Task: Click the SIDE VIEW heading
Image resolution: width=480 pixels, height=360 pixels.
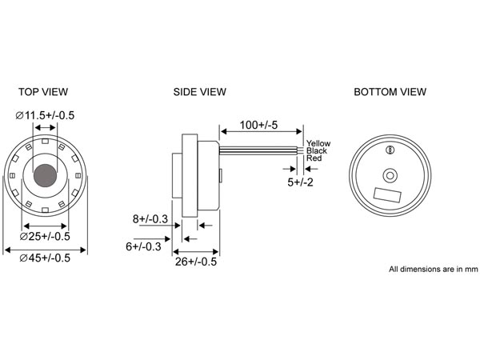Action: (x=199, y=91)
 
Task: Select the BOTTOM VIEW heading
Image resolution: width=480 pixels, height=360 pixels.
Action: (x=391, y=91)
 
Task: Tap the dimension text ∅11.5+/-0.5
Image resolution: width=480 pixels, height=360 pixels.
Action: (x=46, y=116)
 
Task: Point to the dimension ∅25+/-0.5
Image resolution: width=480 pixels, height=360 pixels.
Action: (x=46, y=236)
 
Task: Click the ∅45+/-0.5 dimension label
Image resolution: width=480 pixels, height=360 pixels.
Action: (x=46, y=257)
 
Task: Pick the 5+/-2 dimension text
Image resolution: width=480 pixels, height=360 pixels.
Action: (x=300, y=182)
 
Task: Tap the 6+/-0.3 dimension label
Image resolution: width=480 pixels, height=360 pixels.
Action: (x=143, y=246)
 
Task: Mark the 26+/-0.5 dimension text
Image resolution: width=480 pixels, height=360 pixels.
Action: (x=197, y=261)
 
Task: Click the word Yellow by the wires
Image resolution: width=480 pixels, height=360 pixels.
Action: (x=318, y=143)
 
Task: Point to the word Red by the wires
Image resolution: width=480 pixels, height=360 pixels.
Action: (x=314, y=158)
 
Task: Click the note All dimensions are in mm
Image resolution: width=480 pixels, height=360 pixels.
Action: (x=433, y=269)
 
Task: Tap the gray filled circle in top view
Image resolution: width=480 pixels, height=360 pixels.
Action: (x=46, y=175)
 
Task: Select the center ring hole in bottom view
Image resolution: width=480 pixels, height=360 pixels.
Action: (x=390, y=174)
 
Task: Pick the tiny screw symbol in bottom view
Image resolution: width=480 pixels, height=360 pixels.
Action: (x=390, y=150)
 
